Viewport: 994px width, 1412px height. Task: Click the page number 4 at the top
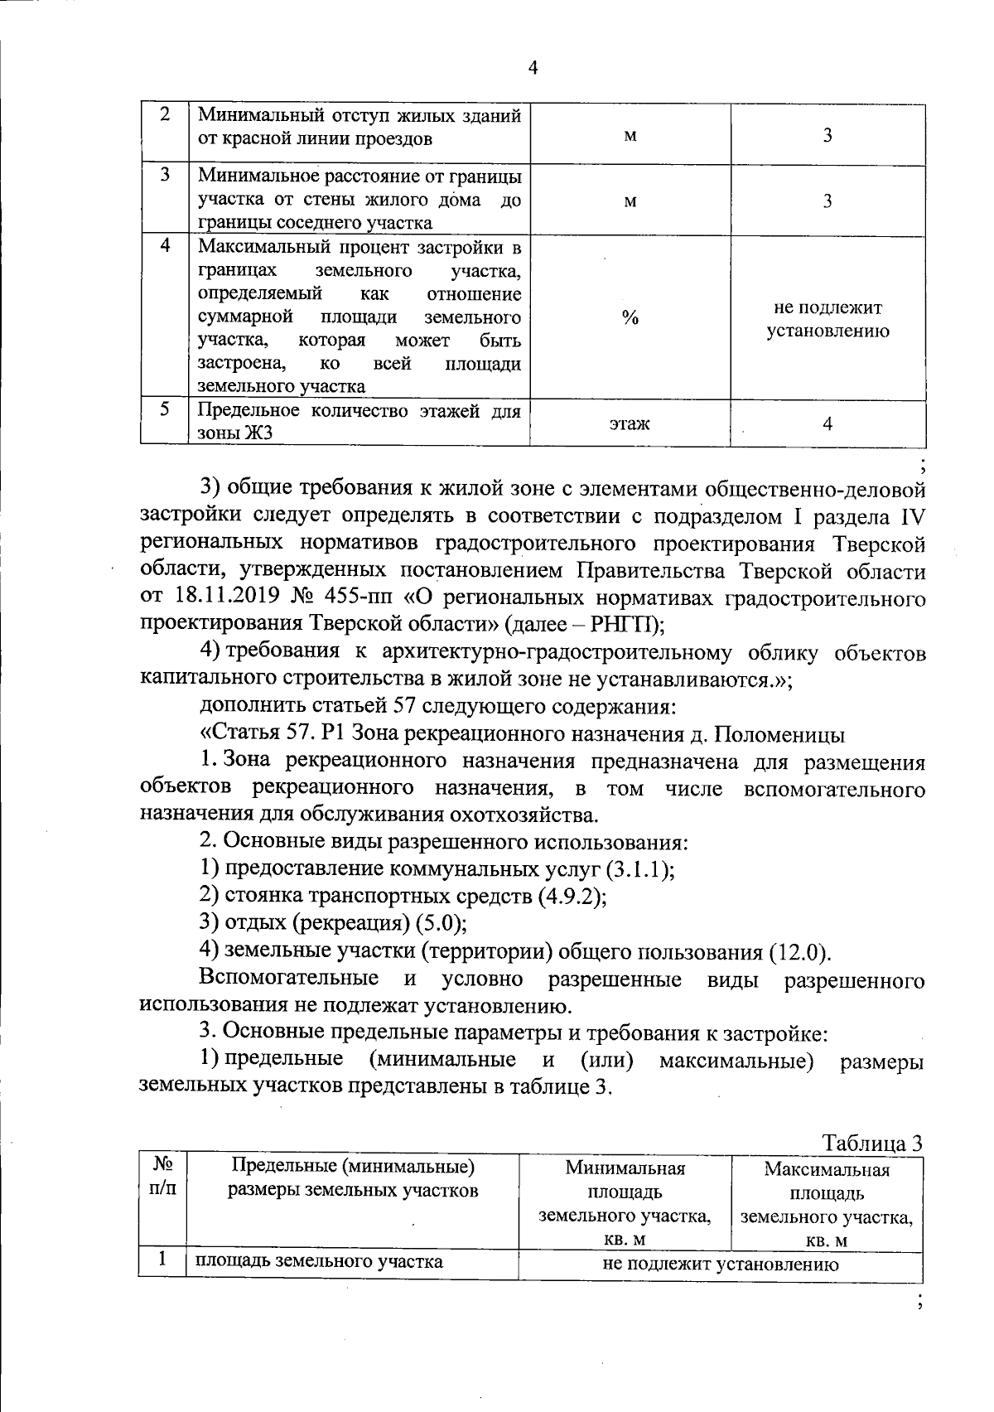pos(533,69)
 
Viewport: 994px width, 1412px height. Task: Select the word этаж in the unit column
pos(630,424)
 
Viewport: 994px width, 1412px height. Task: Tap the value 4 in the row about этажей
pos(828,424)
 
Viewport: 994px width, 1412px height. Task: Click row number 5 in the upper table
pos(165,410)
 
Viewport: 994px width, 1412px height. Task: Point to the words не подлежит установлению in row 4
pos(828,320)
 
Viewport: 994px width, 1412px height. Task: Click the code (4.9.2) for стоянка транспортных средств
pos(572,897)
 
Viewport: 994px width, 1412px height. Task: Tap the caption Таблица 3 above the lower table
pos(871,1143)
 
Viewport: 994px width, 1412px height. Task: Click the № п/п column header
pos(162,1177)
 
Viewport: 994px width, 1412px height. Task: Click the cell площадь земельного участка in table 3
pos(319,1262)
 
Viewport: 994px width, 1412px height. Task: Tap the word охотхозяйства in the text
pos(514,815)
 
